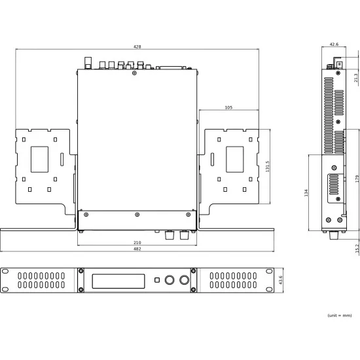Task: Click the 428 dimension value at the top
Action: pos(137,47)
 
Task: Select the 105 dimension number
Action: pos(228,107)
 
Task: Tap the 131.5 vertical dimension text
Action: pos(267,168)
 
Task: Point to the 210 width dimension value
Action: pos(137,242)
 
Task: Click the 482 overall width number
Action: pos(137,249)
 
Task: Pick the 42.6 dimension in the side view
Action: pos(334,45)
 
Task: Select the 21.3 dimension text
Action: pos(355,78)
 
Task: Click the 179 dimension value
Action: pos(355,178)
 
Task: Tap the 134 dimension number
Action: pos(306,192)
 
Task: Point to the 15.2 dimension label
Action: pos(355,249)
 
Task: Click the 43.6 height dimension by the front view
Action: pos(281,279)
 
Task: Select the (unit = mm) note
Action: pos(340,315)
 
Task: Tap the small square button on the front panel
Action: pos(156,281)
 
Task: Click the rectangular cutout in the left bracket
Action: pos(39,158)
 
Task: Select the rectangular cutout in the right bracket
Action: pos(234,158)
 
